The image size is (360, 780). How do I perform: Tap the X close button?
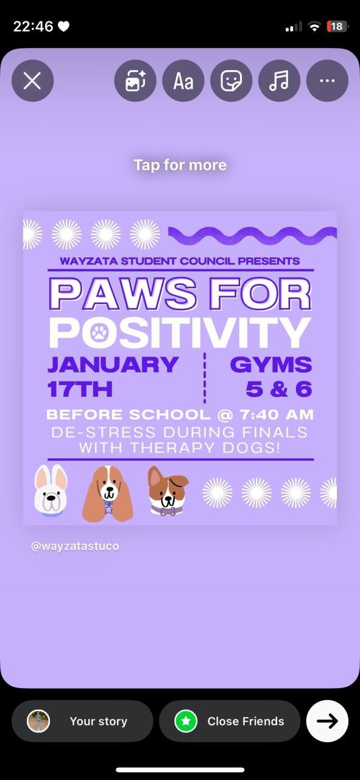click(x=32, y=81)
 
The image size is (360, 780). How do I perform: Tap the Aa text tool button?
click(x=183, y=81)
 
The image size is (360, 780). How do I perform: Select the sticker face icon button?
click(x=231, y=81)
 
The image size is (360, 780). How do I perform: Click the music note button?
click(x=279, y=81)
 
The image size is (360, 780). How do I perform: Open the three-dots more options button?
click(x=327, y=81)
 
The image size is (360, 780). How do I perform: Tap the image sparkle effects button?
click(x=135, y=81)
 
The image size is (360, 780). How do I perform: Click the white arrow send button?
click(x=327, y=721)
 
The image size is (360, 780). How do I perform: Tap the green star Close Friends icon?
click(x=186, y=721)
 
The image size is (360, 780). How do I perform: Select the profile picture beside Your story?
click(x=38, y=721)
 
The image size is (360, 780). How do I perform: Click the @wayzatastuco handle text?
click(x=75, y=546)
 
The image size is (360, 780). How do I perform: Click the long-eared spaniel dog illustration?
click(x=108, y=494)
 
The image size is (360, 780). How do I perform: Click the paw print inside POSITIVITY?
click(x=99, y=333)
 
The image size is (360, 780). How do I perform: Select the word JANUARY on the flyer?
click(x=113, y=364)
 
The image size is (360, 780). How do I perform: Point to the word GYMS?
click(x=271, y=364)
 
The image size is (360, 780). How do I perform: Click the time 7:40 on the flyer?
click(x=259, y=415)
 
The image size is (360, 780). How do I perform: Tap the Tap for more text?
click(x=180, y=165)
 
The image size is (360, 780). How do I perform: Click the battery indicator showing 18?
click(x=337, y=26)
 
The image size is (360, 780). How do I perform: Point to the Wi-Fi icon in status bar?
click(x=314, y=26)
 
